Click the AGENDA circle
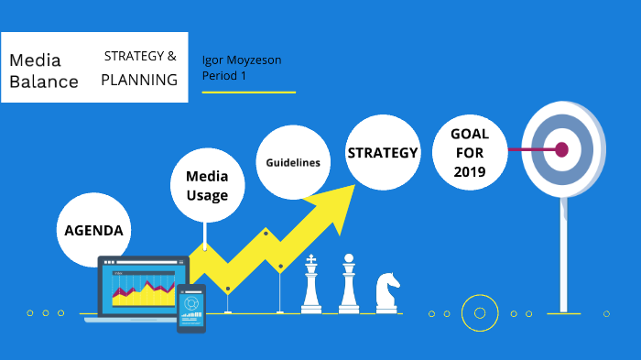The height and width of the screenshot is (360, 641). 93,230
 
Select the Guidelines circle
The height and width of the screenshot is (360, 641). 293,162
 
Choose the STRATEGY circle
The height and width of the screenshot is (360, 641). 382,153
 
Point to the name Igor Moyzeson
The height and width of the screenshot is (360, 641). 242,60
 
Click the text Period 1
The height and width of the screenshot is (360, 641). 224,76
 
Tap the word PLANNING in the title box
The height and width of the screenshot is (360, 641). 139,80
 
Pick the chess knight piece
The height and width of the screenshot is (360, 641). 386,291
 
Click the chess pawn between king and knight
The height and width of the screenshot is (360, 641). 349,285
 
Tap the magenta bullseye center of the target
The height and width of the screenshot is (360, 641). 561,149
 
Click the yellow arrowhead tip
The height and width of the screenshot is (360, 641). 352,187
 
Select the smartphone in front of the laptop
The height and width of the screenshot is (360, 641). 191,307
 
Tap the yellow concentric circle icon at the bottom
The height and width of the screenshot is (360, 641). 479,313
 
